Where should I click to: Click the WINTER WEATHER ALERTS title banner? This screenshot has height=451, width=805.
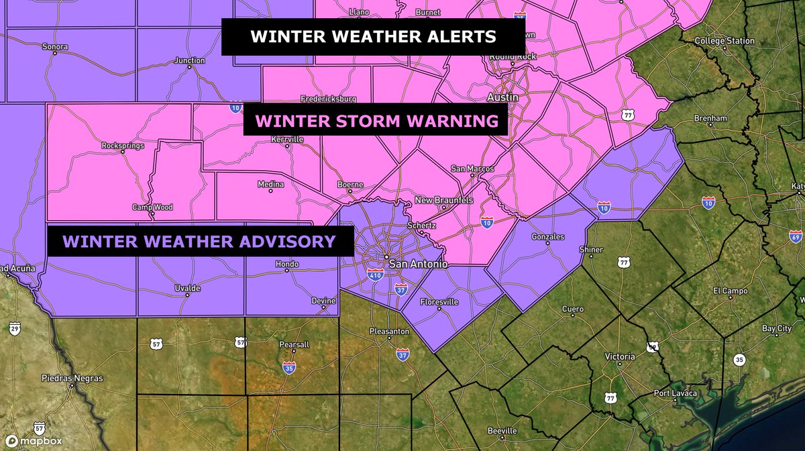(373, 36)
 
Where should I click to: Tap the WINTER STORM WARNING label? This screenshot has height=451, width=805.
(377, 121)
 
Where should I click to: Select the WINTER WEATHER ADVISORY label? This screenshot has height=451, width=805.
(199, 241)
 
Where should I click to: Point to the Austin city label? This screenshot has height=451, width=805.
(502, 97)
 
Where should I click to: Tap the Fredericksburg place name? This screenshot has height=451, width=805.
(328, 99)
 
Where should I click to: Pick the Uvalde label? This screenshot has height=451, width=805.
(187, 288)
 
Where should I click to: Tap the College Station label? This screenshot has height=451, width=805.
(724, 41)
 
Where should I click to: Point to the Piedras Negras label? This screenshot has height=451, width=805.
(72, 379)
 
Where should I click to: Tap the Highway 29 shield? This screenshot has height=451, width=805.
(15, 328)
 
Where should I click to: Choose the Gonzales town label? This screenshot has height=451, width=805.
(547, 237)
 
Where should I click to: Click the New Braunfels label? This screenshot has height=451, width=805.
(443, 201)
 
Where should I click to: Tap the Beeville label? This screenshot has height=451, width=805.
(502, 430)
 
